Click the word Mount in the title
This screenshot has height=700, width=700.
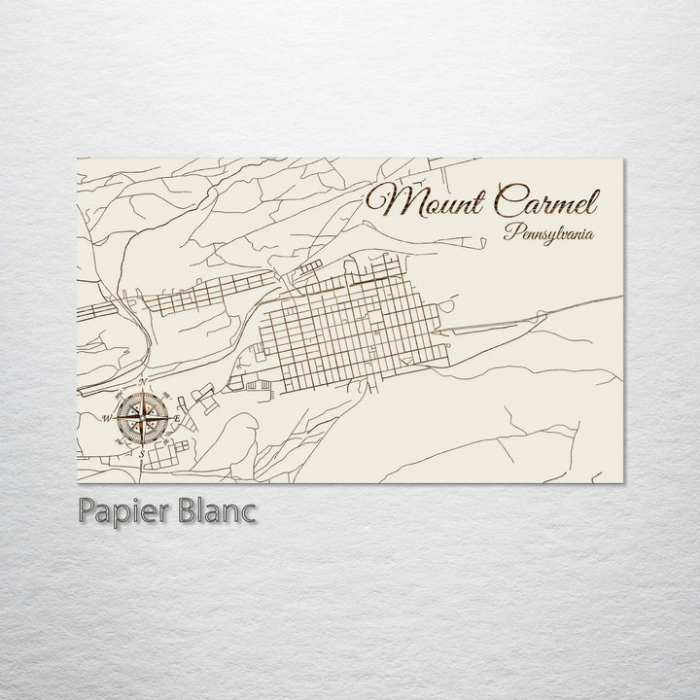click(427, 203)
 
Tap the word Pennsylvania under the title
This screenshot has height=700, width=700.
click(549, 233)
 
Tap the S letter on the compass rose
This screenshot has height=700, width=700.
click(141, 453)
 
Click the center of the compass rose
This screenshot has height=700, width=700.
click(142, 417)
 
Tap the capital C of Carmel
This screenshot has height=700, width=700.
click(507, 202)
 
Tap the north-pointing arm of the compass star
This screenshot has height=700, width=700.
click(142, 399)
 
